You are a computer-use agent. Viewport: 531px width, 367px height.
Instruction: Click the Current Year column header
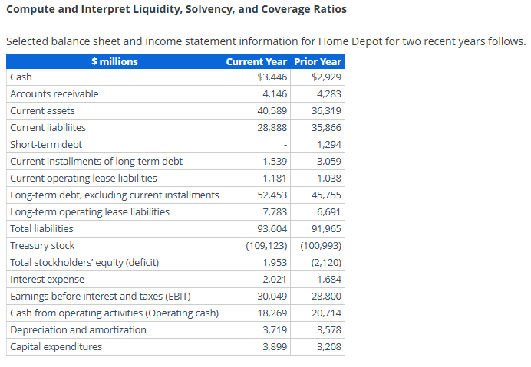click(x=256, y=61)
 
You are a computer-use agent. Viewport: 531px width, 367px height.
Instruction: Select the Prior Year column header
click(x=318, y=61)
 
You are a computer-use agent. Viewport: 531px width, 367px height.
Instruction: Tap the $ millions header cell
click(x=114, y=61)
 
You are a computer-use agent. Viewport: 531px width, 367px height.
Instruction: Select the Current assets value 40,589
click(x=272, y=111)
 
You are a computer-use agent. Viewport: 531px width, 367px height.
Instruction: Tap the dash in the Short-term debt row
click(x=285, y=145)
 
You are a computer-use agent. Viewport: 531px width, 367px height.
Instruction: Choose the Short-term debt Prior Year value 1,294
click(x=328, y=145)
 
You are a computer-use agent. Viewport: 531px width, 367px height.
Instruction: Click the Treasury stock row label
click(x=42, y=246)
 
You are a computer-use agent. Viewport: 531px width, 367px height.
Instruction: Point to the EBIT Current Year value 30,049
click(x=272, y=297)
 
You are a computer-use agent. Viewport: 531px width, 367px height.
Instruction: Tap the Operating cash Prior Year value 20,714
click(x=327, y=313)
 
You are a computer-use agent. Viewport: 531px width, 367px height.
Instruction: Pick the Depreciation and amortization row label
click(x=78, y=330)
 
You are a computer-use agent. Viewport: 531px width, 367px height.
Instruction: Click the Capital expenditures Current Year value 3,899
click(x=275, y=347)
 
